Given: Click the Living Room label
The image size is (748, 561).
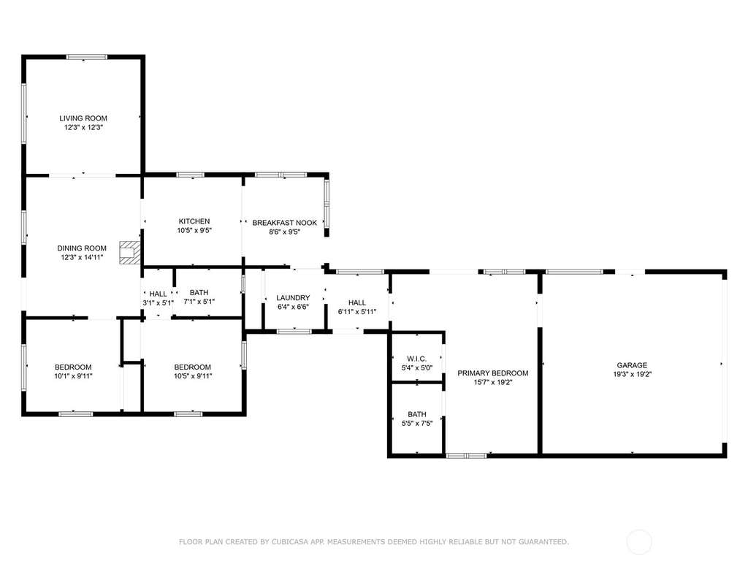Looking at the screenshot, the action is (83, 118).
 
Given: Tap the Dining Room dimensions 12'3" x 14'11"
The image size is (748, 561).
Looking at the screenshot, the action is (82, 258).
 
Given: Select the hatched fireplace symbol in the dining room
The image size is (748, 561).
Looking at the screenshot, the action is (130, 252).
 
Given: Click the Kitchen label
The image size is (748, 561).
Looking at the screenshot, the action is (194, 221).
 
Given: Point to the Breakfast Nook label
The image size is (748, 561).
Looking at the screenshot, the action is (284, 223).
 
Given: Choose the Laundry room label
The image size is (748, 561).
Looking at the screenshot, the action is (293, 298).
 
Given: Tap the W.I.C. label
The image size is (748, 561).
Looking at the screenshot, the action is (417, 359).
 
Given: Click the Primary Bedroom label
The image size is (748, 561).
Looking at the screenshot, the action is (493, 373).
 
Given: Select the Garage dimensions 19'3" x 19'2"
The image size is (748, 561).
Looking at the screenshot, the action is (632, 375).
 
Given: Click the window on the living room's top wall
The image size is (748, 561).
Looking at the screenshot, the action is (87, 57).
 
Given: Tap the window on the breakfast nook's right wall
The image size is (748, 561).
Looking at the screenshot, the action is (327, 204).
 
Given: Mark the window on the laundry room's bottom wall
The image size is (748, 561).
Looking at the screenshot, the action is (294, 331).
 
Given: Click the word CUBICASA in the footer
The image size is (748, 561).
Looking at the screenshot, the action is (291, 541).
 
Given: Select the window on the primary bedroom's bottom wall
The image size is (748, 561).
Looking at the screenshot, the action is (467, 456).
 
